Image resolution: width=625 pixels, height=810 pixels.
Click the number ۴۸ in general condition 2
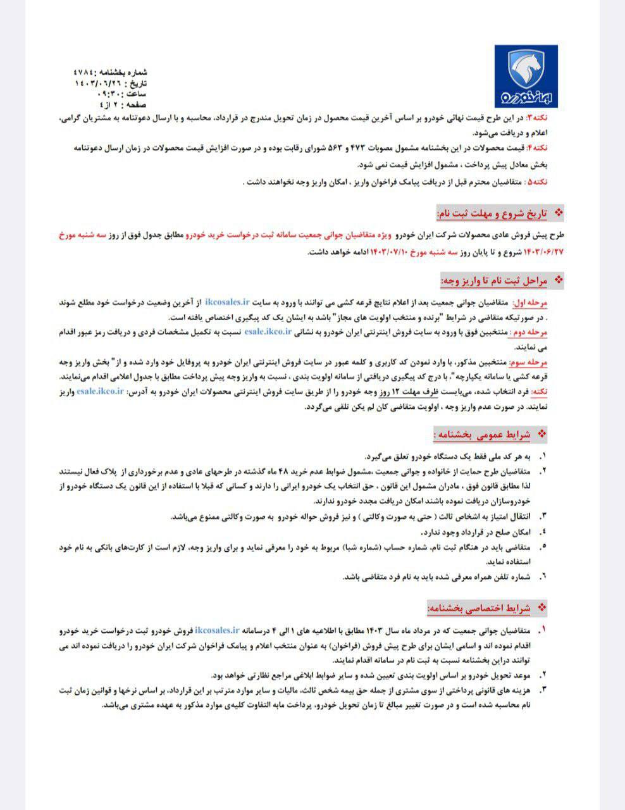point(282,471)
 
